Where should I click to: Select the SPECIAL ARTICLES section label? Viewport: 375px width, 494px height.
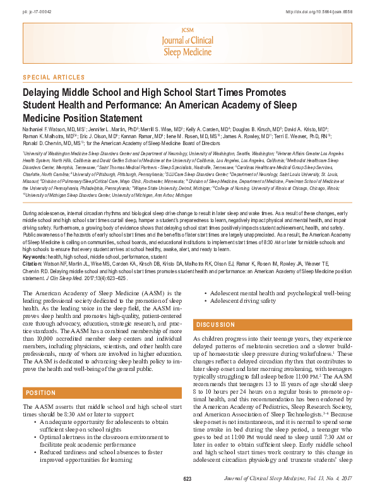coord(53,78)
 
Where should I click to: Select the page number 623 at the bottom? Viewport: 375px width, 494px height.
coord(187,479)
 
